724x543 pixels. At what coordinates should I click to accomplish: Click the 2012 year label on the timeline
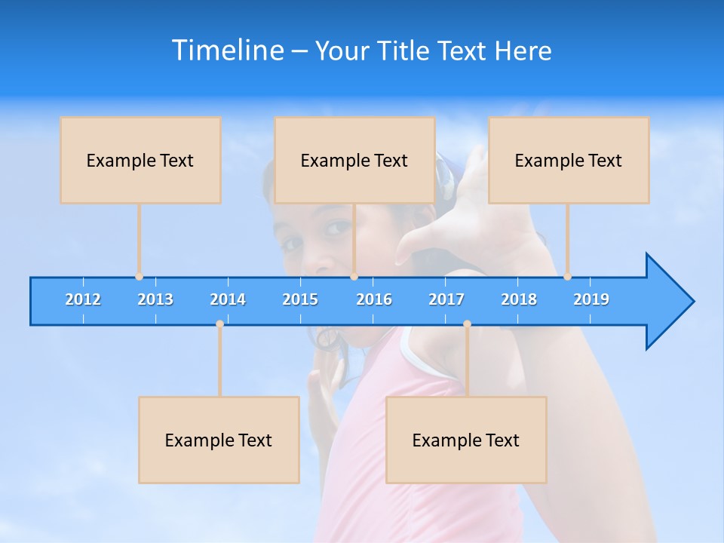pos(83,299)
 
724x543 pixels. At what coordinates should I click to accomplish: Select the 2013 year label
pos(155,299)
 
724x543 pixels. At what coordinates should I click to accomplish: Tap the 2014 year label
pos(228,299)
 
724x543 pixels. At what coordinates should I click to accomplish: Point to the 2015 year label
pos(300,299)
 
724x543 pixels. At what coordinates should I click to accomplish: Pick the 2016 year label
pos(374,299)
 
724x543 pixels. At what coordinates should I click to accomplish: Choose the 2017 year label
pos(446,299)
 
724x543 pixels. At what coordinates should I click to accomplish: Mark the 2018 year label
pos(519,299)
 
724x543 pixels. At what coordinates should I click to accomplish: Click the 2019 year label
pos(591,299)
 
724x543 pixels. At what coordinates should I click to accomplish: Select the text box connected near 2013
pos(140,160)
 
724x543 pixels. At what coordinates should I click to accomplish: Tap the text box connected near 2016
pos(354,160)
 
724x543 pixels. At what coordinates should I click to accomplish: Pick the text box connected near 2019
pos(569,160)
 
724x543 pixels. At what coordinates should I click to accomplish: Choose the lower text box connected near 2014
pos(219,440)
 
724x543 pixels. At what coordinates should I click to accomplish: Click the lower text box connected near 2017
pos(466,440)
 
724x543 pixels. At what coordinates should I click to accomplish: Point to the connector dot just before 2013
pos(139,277)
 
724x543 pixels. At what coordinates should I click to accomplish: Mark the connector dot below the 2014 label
pos(219,324)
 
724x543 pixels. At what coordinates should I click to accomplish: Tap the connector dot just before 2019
pos(567,277)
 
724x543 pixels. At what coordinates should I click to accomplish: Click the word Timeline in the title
pos(228,50)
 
